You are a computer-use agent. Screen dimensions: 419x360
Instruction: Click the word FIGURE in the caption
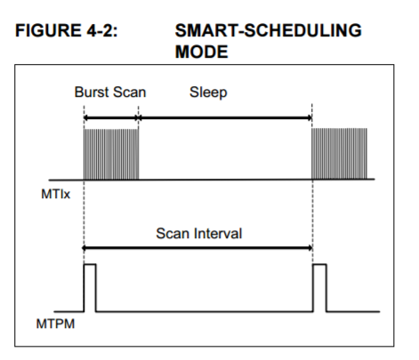(48, 30)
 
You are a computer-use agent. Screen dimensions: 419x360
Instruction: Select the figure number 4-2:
(102, 30)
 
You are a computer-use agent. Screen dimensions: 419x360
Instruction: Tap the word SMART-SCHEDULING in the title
(269, 30)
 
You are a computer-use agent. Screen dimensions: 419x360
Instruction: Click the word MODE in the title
(202, 52)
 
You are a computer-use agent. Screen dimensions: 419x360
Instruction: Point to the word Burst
(92, 92)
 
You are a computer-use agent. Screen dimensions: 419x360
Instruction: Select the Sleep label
(208, 92)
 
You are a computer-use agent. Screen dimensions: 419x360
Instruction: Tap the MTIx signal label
(55, 194)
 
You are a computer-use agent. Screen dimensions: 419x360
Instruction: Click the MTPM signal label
(55, 324)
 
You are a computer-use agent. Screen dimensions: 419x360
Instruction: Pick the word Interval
(218, 233)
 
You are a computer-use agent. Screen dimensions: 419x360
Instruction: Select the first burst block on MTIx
(111, 154)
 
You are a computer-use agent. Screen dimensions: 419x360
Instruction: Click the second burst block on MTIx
(339, 154)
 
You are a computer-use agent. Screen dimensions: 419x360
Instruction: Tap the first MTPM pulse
(90, 264)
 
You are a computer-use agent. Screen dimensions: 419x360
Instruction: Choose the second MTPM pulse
(319, 264)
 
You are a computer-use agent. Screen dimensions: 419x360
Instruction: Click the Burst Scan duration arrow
(111, 118)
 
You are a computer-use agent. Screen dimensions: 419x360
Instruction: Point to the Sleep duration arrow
(225, 118)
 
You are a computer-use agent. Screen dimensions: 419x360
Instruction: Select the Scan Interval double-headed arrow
(197, 248)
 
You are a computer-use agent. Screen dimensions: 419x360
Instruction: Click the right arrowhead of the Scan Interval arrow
(310, 248)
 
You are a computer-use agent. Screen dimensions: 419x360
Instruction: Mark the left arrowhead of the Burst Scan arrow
(85, 118)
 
